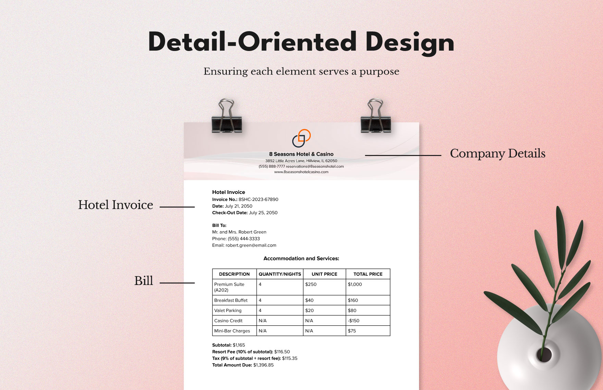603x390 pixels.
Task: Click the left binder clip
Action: (x=226, y=118)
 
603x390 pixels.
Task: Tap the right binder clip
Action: (x=376, y=118)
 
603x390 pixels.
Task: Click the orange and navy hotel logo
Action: (x=301, y=138)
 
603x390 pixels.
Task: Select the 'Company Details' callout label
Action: (x=497, y=154)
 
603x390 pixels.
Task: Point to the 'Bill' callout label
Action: (x=144, y=281)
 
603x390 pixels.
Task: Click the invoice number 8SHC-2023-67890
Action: (x=258, y=199)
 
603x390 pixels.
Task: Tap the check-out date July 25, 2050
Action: (x=263, y=213)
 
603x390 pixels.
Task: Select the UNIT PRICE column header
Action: (x=324, y=274)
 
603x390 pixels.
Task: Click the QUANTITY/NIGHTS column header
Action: (x=280, y=274)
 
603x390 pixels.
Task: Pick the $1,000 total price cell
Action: (x=355, y=284)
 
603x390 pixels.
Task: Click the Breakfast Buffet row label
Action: (x=231, y=300)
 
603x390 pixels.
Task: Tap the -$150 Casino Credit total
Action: (x=354, y=321)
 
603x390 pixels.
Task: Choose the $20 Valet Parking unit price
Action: (x=309, y=311)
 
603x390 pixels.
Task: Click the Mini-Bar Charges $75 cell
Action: (x=352, y=331)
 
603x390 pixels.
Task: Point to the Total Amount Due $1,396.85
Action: (x=263, y=365)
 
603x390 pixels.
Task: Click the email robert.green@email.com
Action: (x=251, y=245)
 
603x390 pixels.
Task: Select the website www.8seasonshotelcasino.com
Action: (x=301, y=172)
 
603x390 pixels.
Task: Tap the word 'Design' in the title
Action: (x=410, y=42)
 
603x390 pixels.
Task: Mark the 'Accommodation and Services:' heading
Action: (x=301, y=259)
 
